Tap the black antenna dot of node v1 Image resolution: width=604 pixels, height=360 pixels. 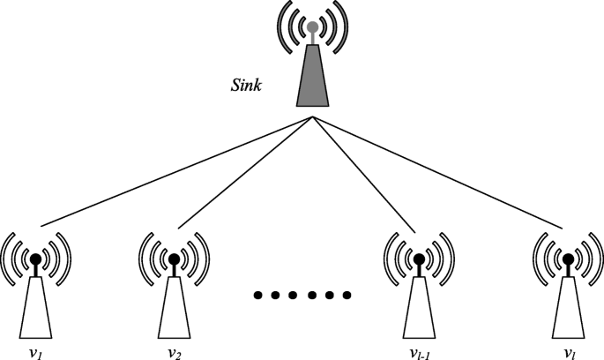point(35,259)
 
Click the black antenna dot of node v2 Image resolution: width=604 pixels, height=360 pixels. point(175,259)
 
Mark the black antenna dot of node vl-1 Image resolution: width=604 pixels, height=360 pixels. point(420,259)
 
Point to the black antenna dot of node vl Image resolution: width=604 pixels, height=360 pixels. point(566,259)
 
